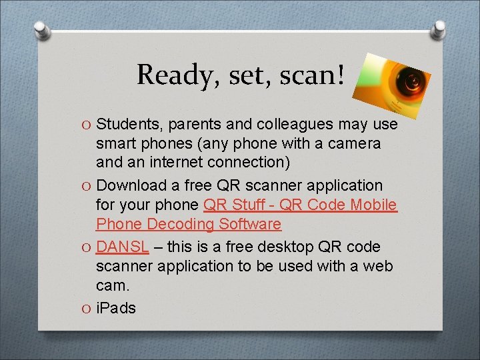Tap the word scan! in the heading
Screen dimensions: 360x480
point(313,74)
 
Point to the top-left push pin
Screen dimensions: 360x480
point(41,30)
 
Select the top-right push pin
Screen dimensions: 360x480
point(438,29)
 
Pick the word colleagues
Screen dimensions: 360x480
point(303,125)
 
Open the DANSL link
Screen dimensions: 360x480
point(123,247)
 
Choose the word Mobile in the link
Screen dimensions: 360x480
point(373,205)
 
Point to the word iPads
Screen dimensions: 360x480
point(116,308)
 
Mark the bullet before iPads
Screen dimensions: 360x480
point(87,309)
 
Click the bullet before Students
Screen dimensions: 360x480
point(87,125)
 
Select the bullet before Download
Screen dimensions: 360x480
point(87,186)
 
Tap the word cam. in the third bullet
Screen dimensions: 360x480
point(113,285)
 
